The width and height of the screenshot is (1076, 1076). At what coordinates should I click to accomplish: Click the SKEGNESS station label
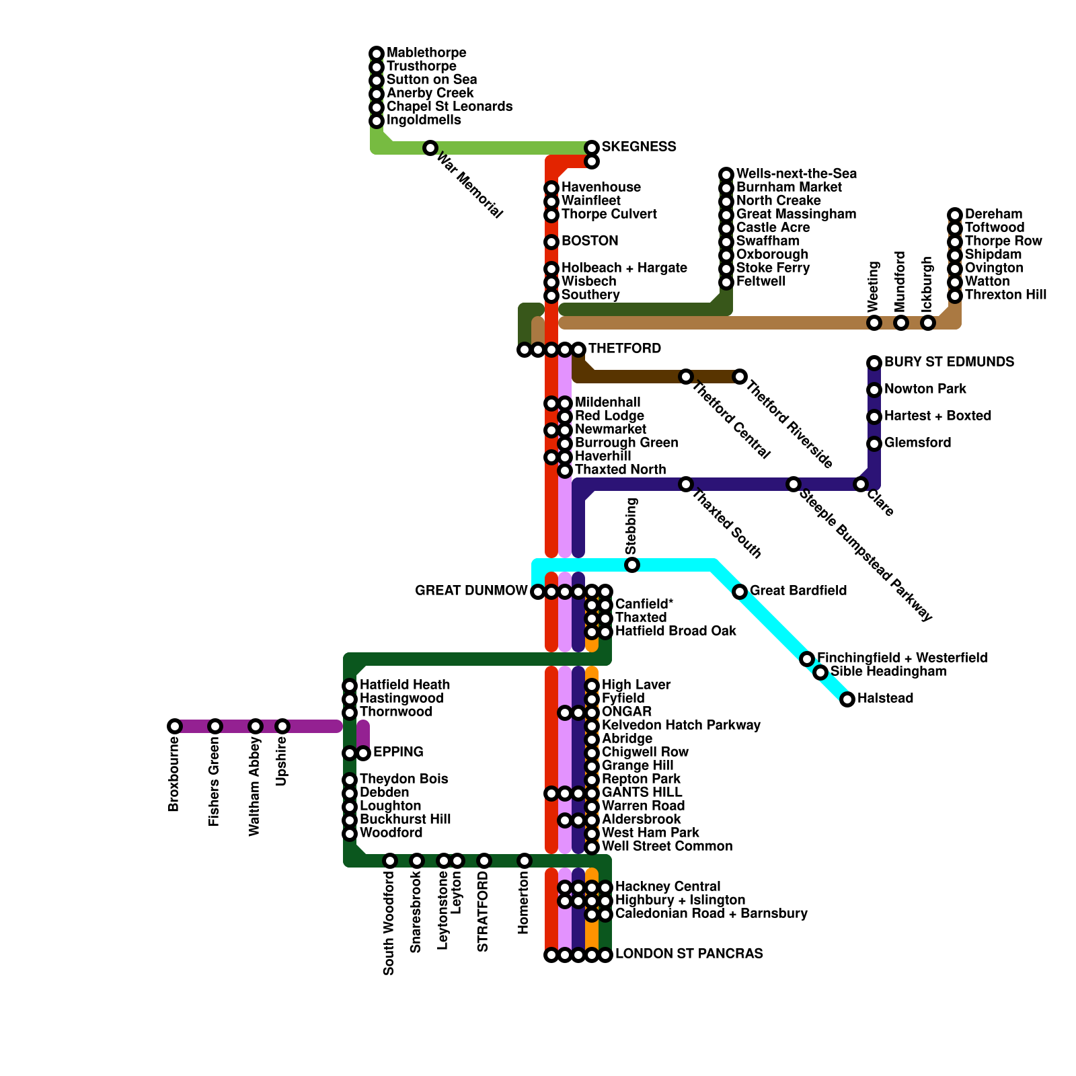638,147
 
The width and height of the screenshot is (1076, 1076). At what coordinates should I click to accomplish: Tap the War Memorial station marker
430,147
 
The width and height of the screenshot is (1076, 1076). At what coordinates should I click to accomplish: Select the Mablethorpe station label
426,52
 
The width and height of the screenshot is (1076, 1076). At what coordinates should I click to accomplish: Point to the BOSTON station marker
551,241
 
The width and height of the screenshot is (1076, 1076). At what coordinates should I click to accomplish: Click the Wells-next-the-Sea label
796,174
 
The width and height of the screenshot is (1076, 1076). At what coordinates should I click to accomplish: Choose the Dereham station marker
955,215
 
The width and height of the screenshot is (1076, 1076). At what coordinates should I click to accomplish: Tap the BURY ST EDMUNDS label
949,362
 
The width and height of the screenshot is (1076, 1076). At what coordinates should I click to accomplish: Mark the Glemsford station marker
874,443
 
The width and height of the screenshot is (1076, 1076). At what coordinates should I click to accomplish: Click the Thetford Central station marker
685,377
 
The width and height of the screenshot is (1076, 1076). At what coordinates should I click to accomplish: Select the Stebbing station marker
632,565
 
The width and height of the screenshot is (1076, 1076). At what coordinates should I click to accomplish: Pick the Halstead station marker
847,699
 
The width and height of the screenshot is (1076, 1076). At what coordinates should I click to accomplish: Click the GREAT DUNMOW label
471,590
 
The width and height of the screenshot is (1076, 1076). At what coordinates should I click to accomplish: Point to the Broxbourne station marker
175,726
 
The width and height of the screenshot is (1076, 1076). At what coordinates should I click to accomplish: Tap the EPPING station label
398,752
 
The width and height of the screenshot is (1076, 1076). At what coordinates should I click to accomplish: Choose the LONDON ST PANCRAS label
689,954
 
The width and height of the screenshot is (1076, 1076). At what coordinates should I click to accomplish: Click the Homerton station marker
525,861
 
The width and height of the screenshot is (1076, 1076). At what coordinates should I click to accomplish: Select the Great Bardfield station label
798,590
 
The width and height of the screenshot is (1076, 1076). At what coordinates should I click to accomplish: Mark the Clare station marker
861,484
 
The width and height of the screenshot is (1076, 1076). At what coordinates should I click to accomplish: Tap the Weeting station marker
874,323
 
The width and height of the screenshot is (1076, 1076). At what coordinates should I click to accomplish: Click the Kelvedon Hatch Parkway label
681,725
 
